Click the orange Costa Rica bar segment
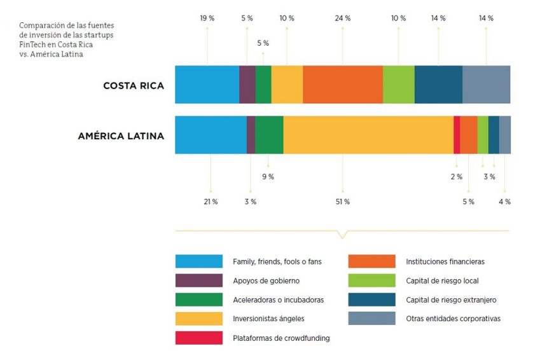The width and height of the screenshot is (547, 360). (x=343, y=84)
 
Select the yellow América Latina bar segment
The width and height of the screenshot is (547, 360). (x=368, y=135)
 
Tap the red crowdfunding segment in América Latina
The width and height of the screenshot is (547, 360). (x=457, y=135)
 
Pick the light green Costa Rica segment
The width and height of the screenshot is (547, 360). (x=399, y=84)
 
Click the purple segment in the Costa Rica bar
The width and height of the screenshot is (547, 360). (x=247, y=84)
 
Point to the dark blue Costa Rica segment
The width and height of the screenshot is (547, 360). (x=438, y=84)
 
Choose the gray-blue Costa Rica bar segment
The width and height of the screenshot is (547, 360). (x=486, y=84)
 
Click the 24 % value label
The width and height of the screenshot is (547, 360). (x=343, y=18)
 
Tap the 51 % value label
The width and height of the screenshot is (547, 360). (x=343, y=202)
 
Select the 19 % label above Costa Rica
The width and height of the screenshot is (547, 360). (x=207, y=18)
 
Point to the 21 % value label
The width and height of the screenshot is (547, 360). (x=211, y=202)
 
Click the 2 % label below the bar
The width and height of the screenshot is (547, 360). (x=457, y=177)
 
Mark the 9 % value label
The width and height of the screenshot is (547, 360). (x=268, y=177)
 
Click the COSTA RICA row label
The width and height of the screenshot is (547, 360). (x=134, y=85)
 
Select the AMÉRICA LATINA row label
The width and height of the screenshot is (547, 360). (x=121, y=135)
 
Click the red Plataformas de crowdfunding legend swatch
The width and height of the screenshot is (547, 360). (x=198, y=338)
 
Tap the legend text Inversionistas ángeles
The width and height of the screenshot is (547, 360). (x=268, y=319)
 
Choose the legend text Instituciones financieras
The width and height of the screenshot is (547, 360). (x=445, y=261)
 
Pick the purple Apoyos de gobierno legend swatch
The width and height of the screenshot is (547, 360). (x=198, y=280)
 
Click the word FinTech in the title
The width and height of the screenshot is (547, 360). (x=32, y=45)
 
